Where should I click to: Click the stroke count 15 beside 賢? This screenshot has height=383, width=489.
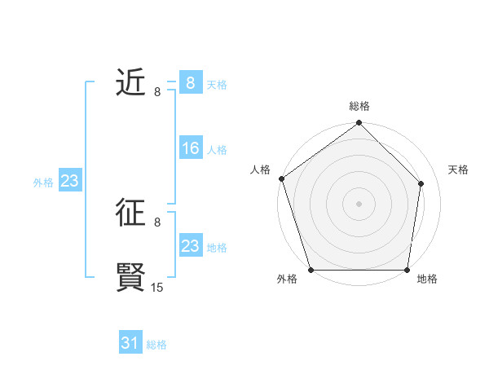click(x=157, y=287)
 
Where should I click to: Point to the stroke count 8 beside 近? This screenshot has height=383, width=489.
click(x=157, y=91)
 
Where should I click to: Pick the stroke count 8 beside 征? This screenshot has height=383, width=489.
click(x=157, y=222)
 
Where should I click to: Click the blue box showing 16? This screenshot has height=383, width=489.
click(x=191, y=148)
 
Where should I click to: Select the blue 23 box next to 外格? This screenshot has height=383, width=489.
click(x=69, y=181)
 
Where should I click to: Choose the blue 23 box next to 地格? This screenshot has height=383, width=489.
click(x=191, y=245)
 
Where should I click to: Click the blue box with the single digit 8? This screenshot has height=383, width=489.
click(x=191, y=83)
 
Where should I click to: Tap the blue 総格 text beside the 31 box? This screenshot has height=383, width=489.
click(x=156, y=345)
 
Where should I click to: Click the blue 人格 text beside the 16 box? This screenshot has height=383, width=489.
click(x=218, y=150)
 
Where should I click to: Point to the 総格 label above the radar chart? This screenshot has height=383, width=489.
click(x=359, y=106)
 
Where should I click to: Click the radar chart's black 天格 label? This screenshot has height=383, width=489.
click(x=458, y=169)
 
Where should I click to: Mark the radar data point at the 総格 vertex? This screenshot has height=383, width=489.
click(x=359, y=124)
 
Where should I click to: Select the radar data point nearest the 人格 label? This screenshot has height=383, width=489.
click(x=281, y=178)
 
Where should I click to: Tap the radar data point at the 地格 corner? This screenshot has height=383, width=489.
click(x=407, y=270)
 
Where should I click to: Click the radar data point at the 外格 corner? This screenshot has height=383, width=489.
click(x=311, y=270)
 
